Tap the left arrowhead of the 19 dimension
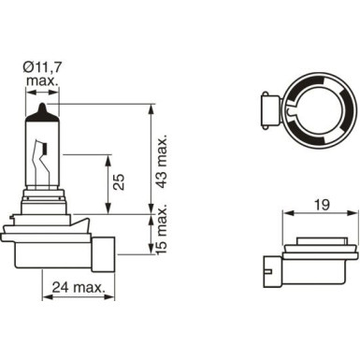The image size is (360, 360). [x=285, y=214]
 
